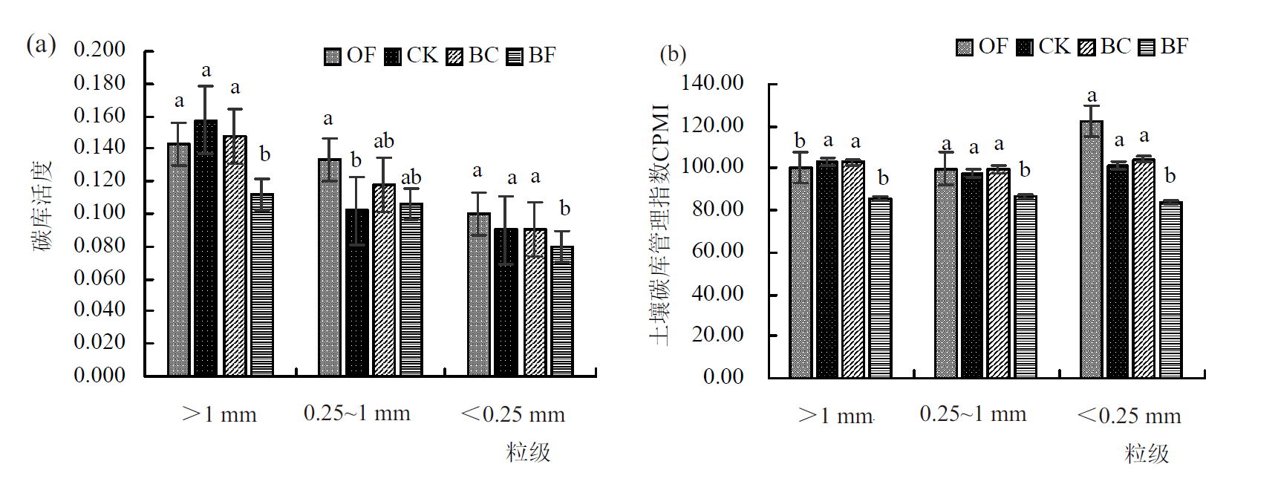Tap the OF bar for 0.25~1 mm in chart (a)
click(330, 267)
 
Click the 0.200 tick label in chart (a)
click(100, 50)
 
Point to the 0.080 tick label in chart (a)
click(100, 245)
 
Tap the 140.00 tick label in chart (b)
click(712, 83)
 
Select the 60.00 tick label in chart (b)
click(717, 251)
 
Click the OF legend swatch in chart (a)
click(332, 56)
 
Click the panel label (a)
click(42, 45)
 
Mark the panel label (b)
click(673, 54)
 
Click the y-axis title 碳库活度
click(42, 206)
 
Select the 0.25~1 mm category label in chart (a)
click(356, 414)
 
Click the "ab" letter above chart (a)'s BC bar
click(384, 141)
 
